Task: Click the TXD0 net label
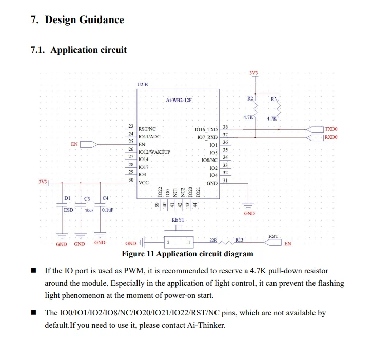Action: [x=331, y=129]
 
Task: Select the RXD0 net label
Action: [x=331, y=137]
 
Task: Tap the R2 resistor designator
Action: [x=250, y=98]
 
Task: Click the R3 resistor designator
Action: [x=273, y=98]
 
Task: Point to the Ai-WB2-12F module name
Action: [x=179, y=100]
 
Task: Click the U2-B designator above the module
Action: [x=142, y=84]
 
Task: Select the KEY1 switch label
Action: [x=178, y=219]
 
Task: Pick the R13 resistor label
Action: [x=239, y=239]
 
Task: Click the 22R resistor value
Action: [x=213, y=239]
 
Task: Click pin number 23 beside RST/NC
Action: [x=131, y=126]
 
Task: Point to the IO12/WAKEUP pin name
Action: [x=154, y=152]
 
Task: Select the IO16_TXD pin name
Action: [x=206, y=130]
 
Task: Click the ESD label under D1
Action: [x=68, y=210]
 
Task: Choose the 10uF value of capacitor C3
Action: [x=89, y=210]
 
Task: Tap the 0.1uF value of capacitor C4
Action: [x=108, y=210]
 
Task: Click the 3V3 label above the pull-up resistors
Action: [x=253, y=73]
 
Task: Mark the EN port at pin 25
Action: [x=75, y=144]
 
